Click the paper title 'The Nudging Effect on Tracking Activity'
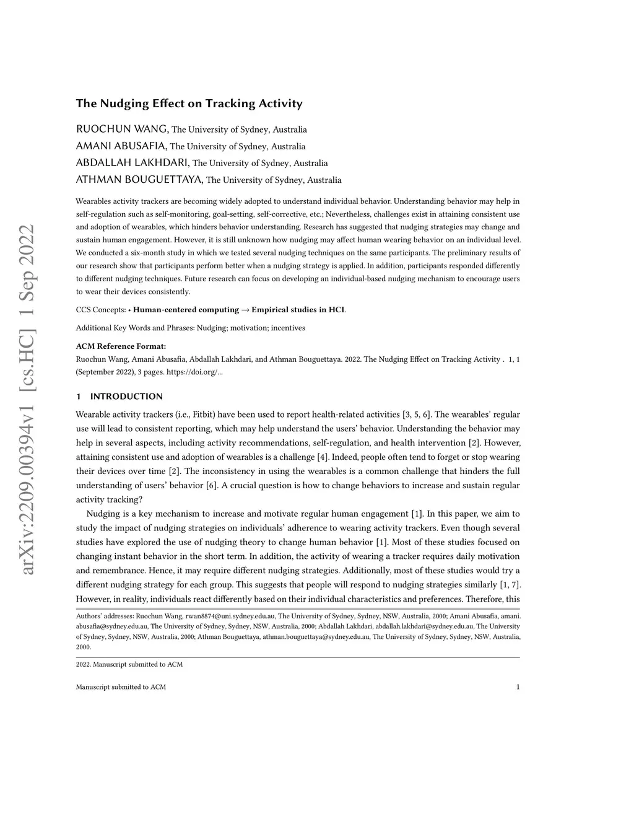pyautogui.click(x=189, y=103)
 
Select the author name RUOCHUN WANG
pyautogui.click(x=122, y=130)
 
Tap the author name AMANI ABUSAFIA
pyautogui.click(x=121, y=146)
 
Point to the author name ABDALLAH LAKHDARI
pyautogui.click(x=132, y=163)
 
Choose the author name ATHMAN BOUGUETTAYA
pyautogui.click(x=139, y=180)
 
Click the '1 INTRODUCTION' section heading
pyautogui.click(x=119, y=397)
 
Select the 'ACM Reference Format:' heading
pyautogui.click(x=121, y=346)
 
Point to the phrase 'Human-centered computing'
pyautogui.click(x=186, y=310)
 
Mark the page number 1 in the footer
pyautogui.click(x=518, y=687)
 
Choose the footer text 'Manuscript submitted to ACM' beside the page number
pyautogui.click(x=121, y=687)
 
